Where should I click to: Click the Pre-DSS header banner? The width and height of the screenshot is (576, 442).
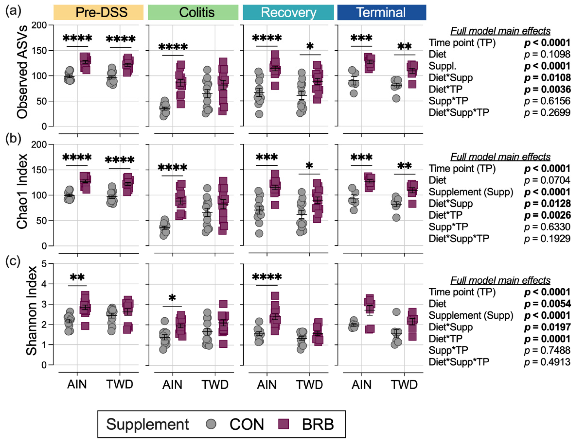point(98,12)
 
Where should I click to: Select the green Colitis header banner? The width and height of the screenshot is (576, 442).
point(193,12)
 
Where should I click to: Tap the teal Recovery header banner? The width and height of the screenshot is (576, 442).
point(288,12)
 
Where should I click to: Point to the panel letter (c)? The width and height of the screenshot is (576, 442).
point(13,262)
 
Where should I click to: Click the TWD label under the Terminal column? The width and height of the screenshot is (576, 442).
point(404,385)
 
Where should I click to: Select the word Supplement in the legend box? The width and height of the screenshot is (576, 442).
point(147,424)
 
